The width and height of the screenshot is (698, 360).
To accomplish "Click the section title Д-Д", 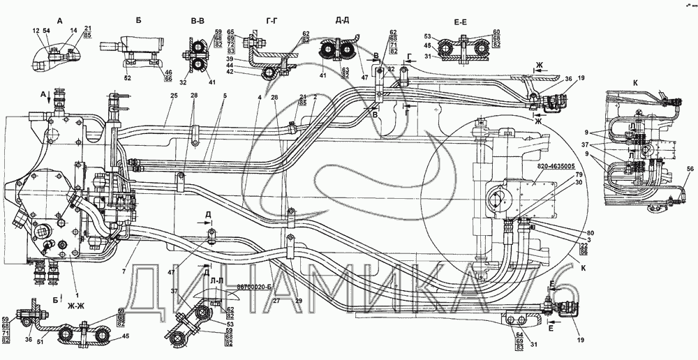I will pos(342,20).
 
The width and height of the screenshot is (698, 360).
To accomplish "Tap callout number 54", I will pos(46,31).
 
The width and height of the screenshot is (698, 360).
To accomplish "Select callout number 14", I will pos(73,31).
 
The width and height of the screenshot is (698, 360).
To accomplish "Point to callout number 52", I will pos(127,77).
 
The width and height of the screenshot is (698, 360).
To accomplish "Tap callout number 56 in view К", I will pos(690,170).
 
